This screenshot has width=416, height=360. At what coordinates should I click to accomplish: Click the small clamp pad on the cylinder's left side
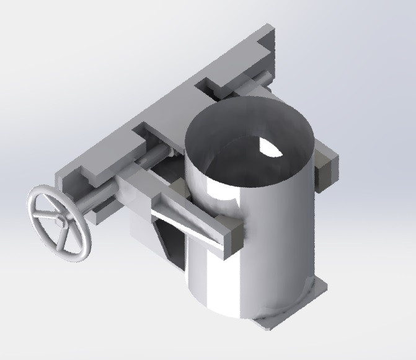[176, 188]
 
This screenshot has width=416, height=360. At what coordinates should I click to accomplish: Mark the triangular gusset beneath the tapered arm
[170, 245]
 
